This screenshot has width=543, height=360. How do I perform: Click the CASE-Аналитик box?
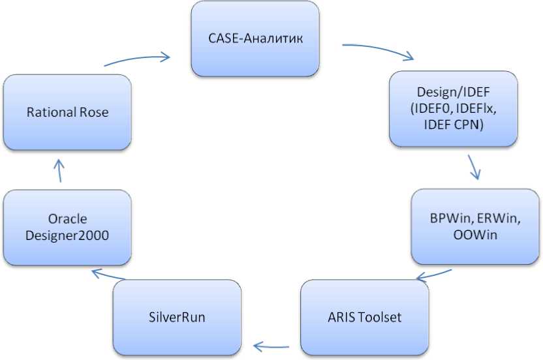tap(255, 38)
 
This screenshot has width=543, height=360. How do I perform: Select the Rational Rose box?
tap(67, 112)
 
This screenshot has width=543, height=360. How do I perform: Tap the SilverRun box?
tap(176, 318)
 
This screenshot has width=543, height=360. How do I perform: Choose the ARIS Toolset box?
tap(364, 318)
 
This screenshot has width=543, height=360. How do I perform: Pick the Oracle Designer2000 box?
tap(67, 227)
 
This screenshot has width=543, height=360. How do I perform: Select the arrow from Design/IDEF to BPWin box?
tap(475, 167)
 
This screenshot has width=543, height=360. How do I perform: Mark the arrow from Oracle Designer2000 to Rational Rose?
tap(59, 171)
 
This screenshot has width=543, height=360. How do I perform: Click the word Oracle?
tap(67, 219)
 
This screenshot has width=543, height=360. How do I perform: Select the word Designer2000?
tap(67, 235)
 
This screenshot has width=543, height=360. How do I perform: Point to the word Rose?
tap(95, 112)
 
